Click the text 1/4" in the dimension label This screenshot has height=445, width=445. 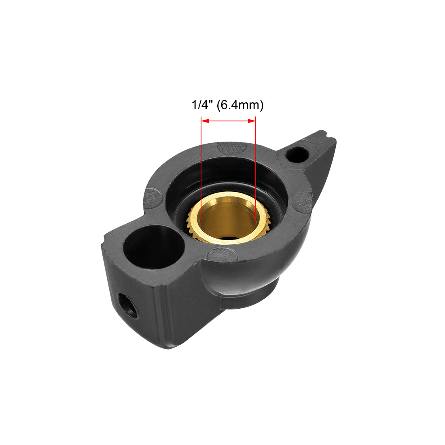(x=202, y=105)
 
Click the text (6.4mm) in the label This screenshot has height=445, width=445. (x=240, y=105)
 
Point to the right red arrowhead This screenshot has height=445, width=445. (x=252, y=121)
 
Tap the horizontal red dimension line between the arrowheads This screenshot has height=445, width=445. (x=229, y=121)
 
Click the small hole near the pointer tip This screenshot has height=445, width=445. (x=297, y=154)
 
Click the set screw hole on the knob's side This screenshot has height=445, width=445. (x=127, y=306)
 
